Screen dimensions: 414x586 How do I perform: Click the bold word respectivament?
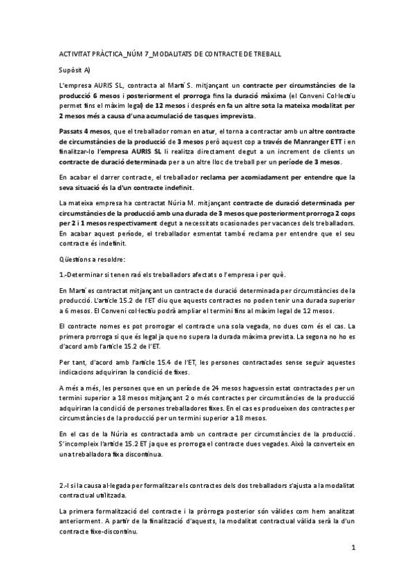[x=160, y=225]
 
